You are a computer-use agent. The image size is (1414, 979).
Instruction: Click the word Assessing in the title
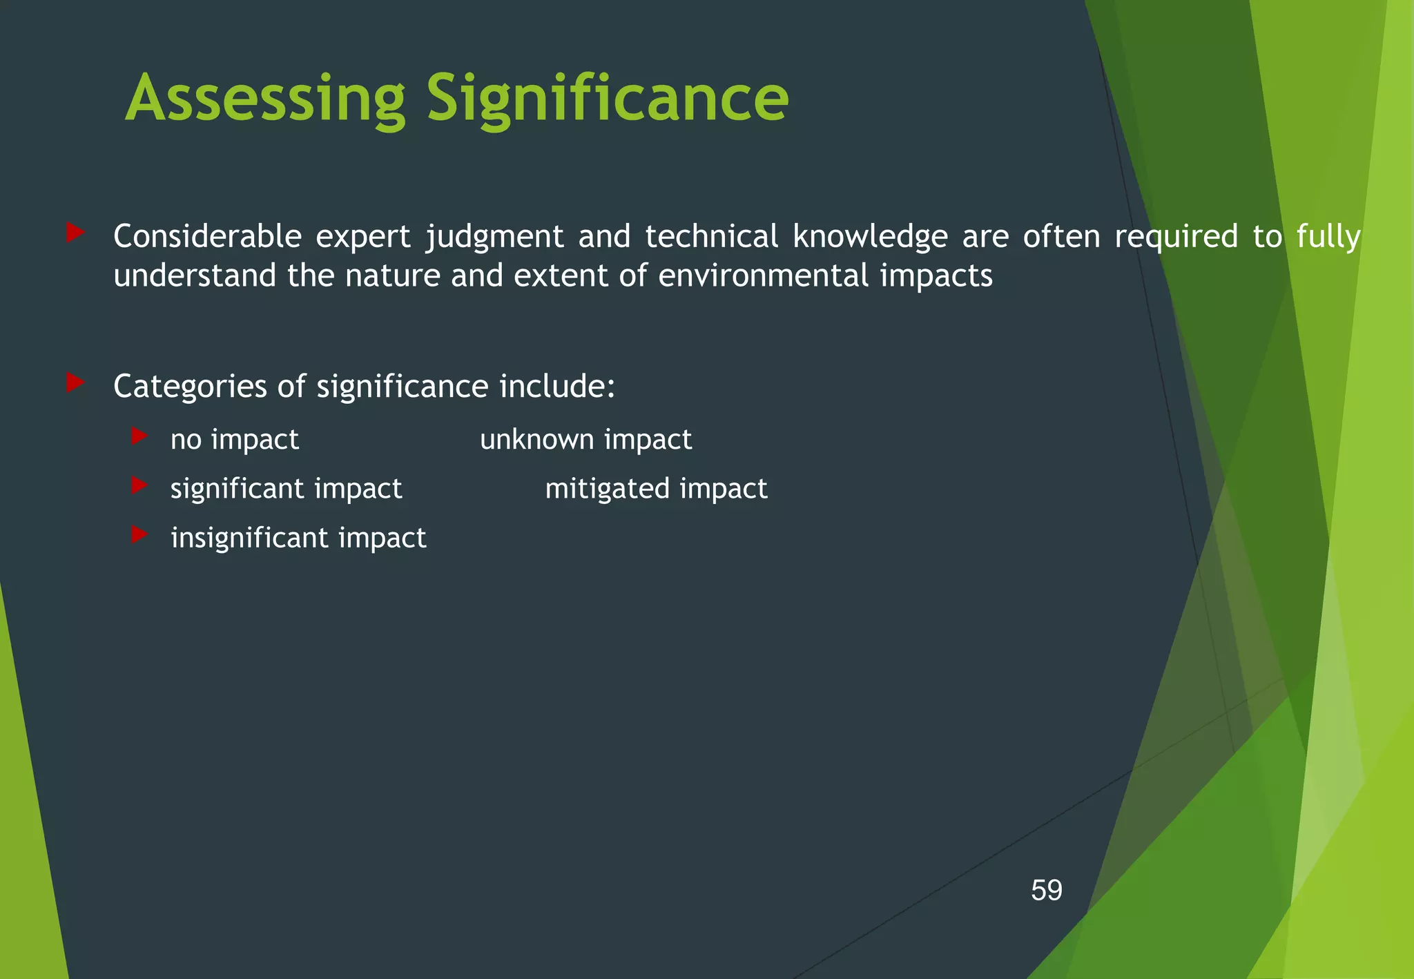tap(265, 100)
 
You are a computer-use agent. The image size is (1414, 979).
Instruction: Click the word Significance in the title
tap(607, 100)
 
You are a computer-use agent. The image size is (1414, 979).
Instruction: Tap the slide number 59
tap(1046, 891)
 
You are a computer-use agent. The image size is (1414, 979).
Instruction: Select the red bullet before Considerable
tap(75, 233)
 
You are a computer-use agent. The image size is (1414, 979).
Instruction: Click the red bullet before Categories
tap(75, 382)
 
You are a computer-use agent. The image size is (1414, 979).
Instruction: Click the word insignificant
tap(250, 538)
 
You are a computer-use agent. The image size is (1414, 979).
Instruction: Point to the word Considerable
tap(207, 236)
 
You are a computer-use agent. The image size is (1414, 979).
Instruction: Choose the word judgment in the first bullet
tap(495, 238)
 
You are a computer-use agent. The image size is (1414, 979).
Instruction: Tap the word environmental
tap(763, 276)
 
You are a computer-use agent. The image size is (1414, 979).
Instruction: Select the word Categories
tap(190, 387)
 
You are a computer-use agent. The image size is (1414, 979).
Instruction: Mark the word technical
tap(711, 236)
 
